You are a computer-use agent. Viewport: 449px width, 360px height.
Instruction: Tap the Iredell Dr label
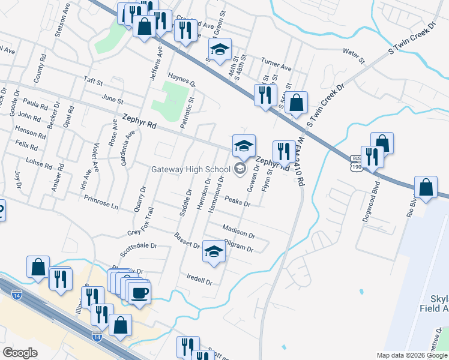pyautogui.click(x=200, y=280)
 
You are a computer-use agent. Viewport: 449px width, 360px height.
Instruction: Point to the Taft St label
pyautogui.click(x=94, y=81)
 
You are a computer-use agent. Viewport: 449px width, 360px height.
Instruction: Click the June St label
pyautogui.click(x=112, y=100)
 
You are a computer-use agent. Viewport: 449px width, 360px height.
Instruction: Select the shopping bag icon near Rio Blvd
pyautogui.click(x=426, y=187)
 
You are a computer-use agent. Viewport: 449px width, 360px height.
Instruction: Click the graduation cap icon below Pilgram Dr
pyautogui.click(x=214, y=252)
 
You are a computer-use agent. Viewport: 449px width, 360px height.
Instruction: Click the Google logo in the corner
pyautogui.click(x=20, y=352)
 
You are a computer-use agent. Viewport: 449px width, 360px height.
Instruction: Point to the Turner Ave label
pyautogui.click(x=276, y=64)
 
